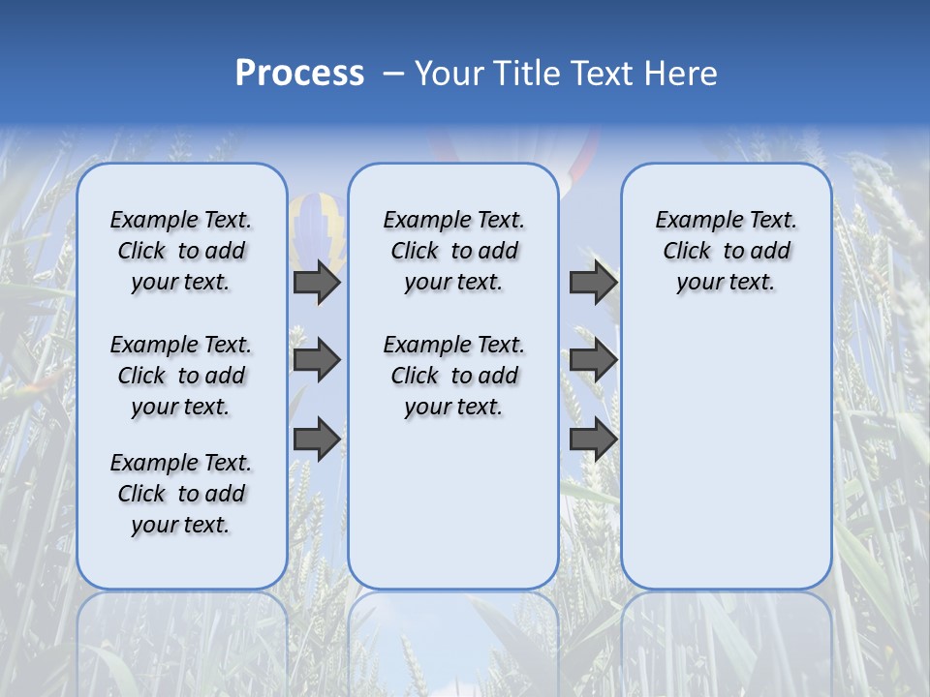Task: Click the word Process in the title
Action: tap(299, 73)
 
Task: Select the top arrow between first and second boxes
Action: tap(317, 282)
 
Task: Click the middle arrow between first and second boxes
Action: tap(317, 360)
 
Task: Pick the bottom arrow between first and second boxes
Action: tap(317, 439)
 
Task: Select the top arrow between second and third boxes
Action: tap(593, 282)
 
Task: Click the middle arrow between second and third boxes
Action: tap(593, 360)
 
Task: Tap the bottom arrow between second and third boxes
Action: tap(593, 439)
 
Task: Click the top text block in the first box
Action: tap(181, 251)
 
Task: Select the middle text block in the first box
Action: tap(181, 376)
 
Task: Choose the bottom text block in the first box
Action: tap(181, 494)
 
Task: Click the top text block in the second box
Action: tap(453, 251)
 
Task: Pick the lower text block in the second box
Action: tap(453, 376)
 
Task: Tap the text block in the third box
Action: tap(726, 251)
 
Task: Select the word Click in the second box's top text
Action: tap(415, 252)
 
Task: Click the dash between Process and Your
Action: tap(392, 74)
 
